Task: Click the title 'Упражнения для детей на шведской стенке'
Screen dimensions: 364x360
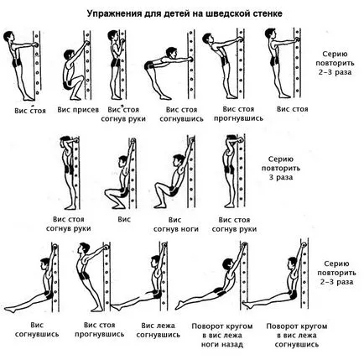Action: [x=185, y=14]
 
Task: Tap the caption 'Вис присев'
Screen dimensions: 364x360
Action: [x=78, y=110]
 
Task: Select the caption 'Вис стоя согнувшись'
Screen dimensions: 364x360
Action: [x=181, y=114]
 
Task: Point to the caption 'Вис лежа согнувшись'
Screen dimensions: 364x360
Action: [x=159, y=330]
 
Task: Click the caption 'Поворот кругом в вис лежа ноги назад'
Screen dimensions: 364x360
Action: [x=222, y=335]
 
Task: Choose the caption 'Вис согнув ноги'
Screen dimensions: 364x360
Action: [x=176, y=225]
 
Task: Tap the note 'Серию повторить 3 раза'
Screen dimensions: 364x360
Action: [x=281, y=168]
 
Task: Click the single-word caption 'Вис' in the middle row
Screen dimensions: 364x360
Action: [x=124, y=219]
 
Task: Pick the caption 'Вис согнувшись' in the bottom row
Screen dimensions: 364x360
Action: [x=37, y=330]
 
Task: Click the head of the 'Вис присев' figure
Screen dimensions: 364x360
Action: [x=69, y=55]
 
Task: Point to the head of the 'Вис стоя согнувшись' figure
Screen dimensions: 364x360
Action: [x=171, y=52]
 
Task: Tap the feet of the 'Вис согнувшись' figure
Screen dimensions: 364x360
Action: [x=10, y=309]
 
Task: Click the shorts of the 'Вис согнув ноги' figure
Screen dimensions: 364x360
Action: [x=174, y=191]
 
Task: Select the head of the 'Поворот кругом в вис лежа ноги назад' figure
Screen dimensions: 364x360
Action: [x=228, y=264]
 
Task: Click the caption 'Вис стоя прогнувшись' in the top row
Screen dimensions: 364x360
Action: [x=238, y=113]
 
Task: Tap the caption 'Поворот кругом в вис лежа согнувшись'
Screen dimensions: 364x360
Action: [x=297, y=335]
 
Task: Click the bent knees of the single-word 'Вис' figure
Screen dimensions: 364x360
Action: [x=108, y=192]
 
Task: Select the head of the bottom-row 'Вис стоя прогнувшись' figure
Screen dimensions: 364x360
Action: [x=83, y=249]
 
